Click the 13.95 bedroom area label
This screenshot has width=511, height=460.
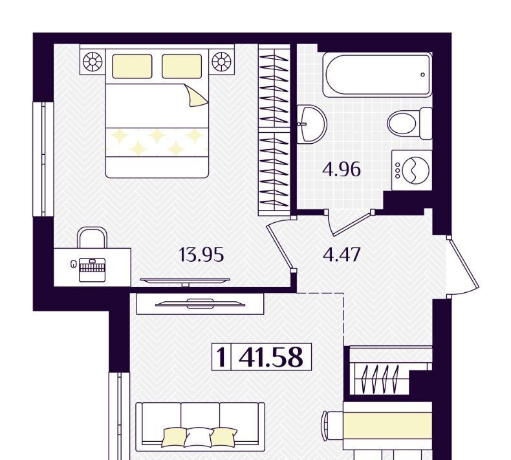click(x=201, y=255)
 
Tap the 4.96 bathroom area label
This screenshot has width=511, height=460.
click(x=342, y=170)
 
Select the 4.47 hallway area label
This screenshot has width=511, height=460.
click(x=342, y=255)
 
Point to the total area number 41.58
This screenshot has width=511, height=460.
click(x=271, y=357)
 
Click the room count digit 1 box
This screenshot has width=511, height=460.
click(x=221, y=357)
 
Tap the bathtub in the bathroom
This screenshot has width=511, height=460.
click(x=377, y=75)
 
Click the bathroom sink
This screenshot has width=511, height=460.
click(x=312, y=124)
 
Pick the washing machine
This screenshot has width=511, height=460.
click(x=412, y=170)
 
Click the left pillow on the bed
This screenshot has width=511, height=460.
click(x=132, y=66)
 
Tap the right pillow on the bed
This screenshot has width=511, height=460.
click(x=182, y=66)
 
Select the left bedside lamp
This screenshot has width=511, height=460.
click(x=92, y=62)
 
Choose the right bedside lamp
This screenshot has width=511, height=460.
click(x=221, y=62)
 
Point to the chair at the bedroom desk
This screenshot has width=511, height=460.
click(x=92, y=237)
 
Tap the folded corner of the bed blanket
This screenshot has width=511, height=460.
click(x=195, y=95)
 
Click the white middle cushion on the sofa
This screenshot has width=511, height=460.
click(x=199, y=437)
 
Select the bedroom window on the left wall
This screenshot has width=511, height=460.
click(x=43, y=159)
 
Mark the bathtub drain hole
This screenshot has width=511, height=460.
click(x=422, y=75)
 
